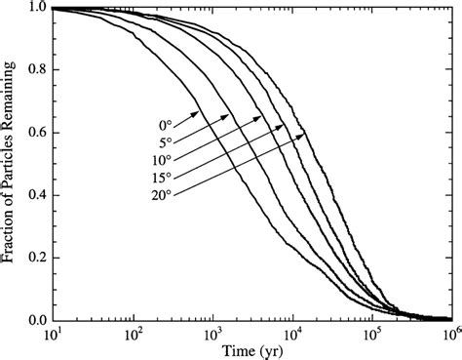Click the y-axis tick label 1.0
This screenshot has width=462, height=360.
point(34,8)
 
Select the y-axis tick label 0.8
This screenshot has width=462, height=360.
point(34,70)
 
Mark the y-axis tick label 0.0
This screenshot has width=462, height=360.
point(34,320)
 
